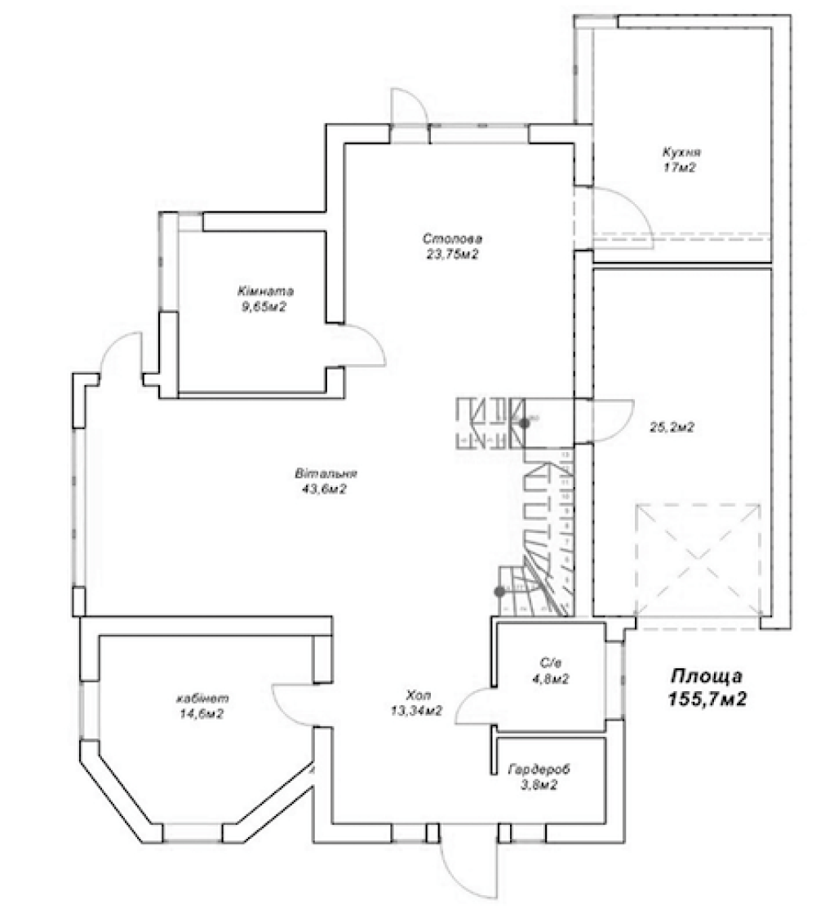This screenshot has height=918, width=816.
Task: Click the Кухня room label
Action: (681, 153)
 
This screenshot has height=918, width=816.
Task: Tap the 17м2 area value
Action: (680, 168)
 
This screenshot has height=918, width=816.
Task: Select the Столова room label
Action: (453, 239)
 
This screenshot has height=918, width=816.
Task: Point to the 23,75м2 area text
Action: (452, 255)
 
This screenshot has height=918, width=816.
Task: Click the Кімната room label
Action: (265, 291)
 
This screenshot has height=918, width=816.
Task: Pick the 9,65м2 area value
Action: (264, 307)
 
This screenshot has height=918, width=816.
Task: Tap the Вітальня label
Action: (326, 473)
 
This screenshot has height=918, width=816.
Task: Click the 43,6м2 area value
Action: (324, 490)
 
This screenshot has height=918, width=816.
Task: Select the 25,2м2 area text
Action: (672, 428)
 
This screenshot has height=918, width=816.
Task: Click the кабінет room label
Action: (202, 698)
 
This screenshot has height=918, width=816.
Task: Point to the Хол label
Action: (418, 695)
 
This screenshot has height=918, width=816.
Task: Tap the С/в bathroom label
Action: (550, 663)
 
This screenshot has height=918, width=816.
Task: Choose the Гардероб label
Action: (539, 769)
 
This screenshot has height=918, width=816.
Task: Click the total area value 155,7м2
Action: (707, 698)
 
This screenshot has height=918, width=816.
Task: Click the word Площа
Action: (707, 676)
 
